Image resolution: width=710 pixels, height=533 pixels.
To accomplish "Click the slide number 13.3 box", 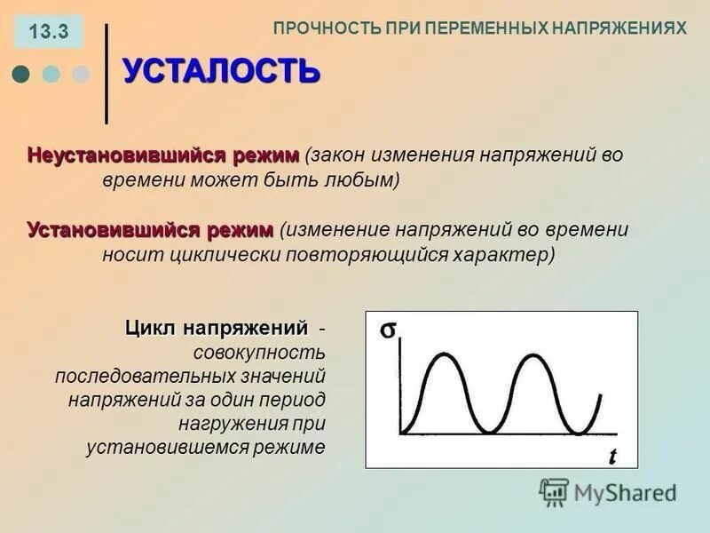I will [49, 33].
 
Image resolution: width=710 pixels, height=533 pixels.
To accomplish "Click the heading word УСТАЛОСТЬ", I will [220, 70].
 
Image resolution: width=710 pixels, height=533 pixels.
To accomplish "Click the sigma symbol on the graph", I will [388, 330].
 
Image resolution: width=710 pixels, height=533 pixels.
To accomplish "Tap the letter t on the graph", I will [612, 456].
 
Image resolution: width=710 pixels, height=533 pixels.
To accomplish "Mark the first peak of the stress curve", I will [445, 354].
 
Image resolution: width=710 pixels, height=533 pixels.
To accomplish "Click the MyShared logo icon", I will [554, 491].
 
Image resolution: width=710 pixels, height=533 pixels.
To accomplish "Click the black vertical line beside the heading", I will [107, 74].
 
